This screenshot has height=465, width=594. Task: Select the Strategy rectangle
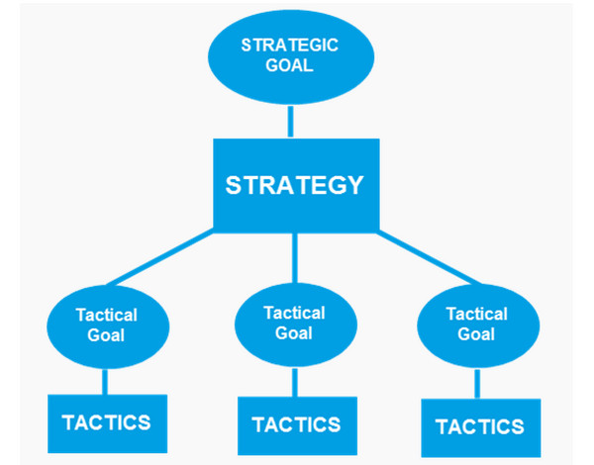294,184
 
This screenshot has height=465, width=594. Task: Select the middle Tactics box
295,425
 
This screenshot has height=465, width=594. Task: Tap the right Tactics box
479,427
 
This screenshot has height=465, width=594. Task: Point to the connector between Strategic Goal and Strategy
290,121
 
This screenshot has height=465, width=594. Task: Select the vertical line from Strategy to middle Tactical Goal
294,259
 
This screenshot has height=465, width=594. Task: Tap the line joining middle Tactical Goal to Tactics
294,383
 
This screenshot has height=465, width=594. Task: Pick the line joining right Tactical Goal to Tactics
478,384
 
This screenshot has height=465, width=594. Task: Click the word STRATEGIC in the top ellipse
290,46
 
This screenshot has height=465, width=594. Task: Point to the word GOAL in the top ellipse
290,66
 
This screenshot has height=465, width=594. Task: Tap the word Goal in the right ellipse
476,334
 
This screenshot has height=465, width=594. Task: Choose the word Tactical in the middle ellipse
294,313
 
